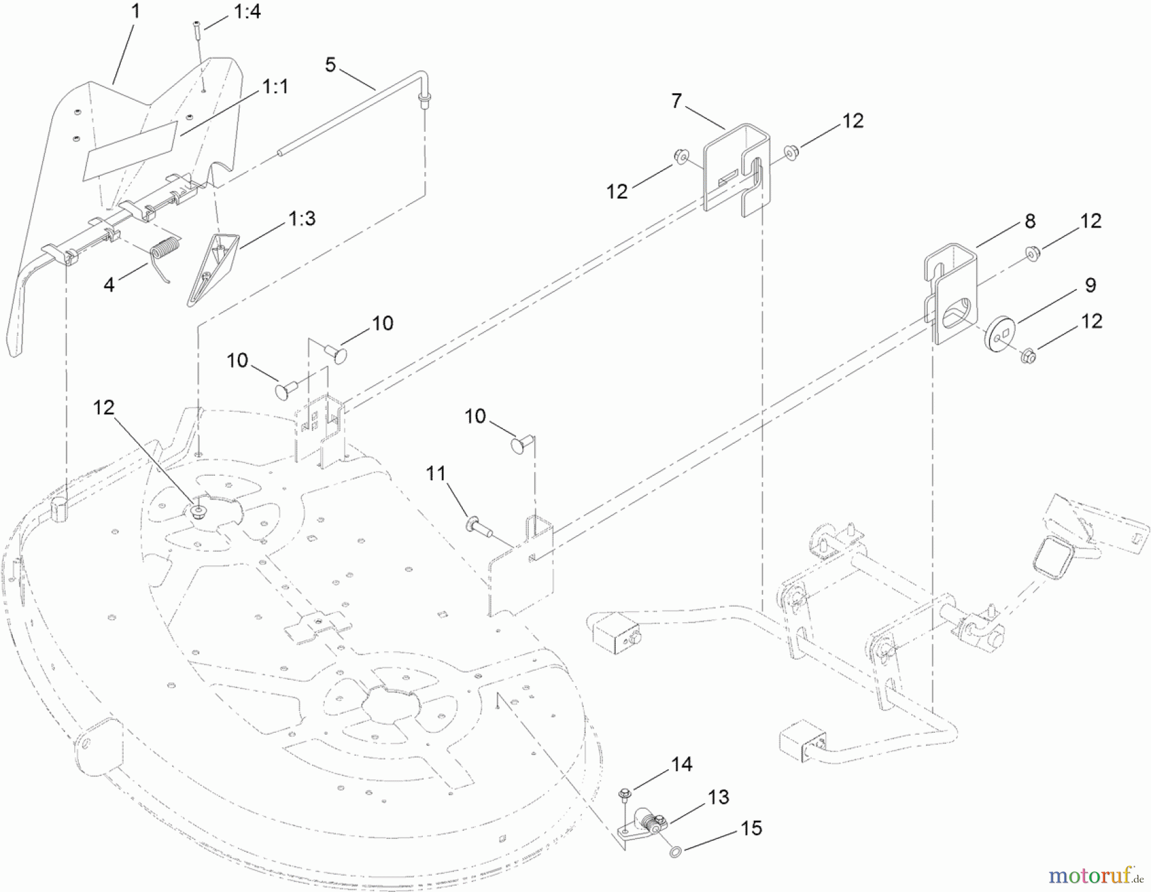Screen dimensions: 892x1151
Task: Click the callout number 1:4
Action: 247,12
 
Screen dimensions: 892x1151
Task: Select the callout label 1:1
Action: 275,86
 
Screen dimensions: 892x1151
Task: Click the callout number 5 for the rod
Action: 330,65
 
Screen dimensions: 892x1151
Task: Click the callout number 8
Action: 1030,221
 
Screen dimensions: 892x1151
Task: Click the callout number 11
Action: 436,474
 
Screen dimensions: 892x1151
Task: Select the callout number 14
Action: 682,764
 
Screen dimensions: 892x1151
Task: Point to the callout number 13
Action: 719,797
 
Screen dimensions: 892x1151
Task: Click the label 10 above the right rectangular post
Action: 475,417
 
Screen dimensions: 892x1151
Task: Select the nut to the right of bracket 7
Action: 792,152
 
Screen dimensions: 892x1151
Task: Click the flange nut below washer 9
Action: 1028,354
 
